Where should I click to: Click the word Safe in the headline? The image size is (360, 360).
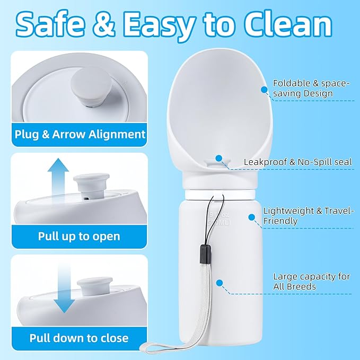click(50, 24)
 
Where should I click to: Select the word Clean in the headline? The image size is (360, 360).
click(288, 24)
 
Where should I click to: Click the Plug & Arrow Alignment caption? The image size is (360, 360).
click(80, 134)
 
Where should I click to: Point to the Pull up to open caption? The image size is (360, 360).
click(79, 236)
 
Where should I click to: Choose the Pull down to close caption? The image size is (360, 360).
click(79, 338)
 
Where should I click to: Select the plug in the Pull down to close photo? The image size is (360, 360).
click(94, 286)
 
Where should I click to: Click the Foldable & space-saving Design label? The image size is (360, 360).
click(311, 88)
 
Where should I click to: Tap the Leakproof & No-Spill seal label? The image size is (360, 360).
click(298, 162)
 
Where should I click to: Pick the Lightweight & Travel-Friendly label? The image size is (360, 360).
click(308, 216)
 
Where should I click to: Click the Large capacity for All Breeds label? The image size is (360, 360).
click(312, 282)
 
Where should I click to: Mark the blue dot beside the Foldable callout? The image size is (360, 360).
click(264, 90)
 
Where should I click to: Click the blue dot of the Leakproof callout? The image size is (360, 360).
click(219, 158)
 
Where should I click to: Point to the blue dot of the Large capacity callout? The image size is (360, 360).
click(219, 283)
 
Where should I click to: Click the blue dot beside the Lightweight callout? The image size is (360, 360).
click(252, 217)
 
